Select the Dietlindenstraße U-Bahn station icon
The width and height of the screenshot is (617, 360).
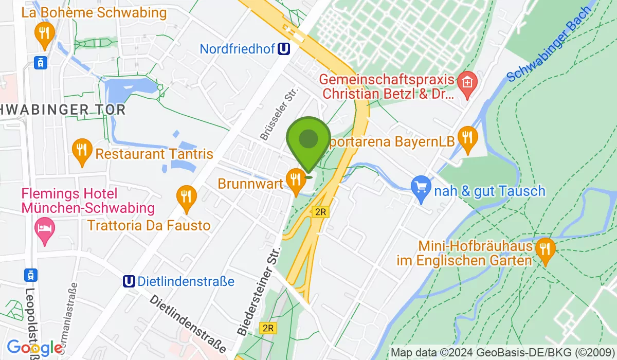click(x=129, y=281)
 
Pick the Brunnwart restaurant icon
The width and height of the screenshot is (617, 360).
click(x=295, y=181)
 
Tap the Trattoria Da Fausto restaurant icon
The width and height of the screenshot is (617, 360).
click(x=186, y=198)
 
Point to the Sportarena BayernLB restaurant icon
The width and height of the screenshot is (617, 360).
click(x=467, y=139)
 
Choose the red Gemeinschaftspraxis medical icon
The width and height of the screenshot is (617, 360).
click(x=467, y=83)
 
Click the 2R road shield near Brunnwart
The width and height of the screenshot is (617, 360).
click(x=320, y=212)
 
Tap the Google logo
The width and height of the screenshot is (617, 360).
click(x=34, y=348)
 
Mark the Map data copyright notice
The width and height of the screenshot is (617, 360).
click(x=502, y=353)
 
